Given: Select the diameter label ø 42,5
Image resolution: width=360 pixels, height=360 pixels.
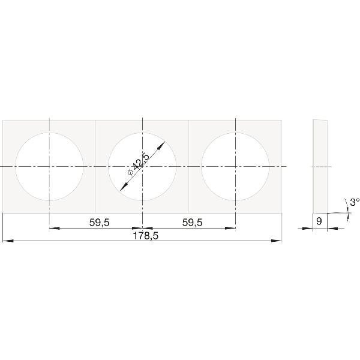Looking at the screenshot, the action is point(139,164).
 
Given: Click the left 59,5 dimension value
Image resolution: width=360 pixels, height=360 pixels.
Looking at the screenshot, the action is point(100,223).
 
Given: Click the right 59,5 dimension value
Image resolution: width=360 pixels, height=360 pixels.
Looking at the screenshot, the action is point(193,223).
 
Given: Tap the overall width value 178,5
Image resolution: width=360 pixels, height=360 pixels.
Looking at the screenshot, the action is point(146,236).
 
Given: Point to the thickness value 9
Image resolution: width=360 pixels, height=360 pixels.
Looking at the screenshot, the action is point(319,221).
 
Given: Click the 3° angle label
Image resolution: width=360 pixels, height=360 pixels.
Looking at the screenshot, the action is point(355,202).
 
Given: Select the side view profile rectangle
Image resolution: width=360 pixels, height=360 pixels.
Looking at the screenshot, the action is point(320,166).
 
